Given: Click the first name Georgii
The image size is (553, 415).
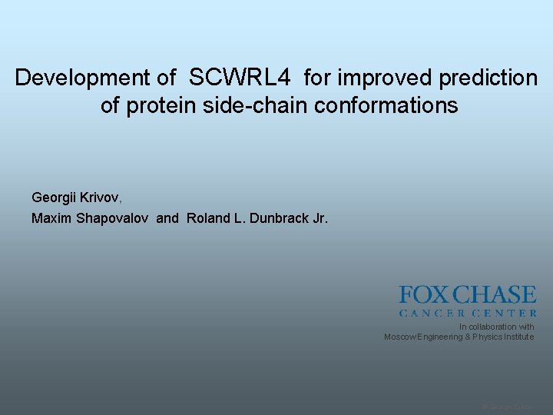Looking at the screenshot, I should coord(56,198).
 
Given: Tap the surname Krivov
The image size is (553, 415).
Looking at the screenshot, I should coord(103,198).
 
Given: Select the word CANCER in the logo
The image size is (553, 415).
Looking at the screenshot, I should coord(431,313).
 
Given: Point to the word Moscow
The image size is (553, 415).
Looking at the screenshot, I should coord(400,337).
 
